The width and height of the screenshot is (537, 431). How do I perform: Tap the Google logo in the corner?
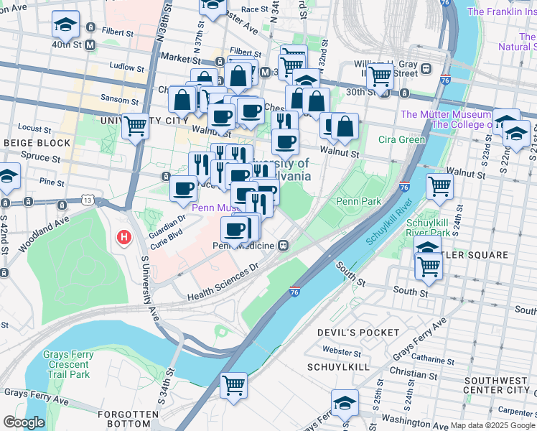(x=24, y=422)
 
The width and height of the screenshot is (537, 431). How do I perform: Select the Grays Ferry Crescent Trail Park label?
(x=66, y=364)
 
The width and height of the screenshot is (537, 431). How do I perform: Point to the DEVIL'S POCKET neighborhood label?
(x=358, y=333)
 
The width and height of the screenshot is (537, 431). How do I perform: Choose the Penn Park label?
(x=358, y=202)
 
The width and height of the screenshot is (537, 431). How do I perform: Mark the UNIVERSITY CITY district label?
(x=136, y=120)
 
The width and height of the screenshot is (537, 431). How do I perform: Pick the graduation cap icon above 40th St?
(x=65, y=25)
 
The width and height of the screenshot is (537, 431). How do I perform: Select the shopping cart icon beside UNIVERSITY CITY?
(x=135, y=126)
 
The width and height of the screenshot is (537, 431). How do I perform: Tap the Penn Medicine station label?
(x=244, y=246)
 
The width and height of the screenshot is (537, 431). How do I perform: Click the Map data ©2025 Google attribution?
(x=492, y=425)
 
